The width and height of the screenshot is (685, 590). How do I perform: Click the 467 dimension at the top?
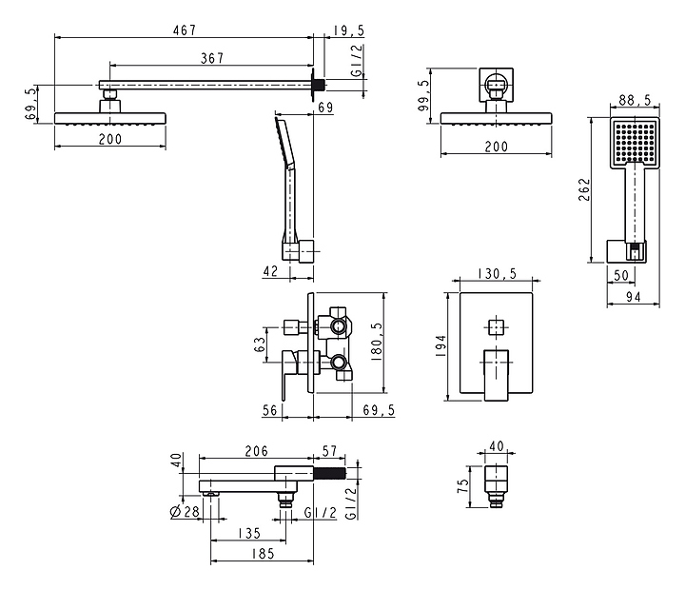pos(184,30)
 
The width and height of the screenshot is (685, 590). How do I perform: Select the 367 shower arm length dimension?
pos(211,58)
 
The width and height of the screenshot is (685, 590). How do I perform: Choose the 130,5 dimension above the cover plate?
pos(499,273)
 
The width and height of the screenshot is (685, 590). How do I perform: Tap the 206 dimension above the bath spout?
pos(256,451)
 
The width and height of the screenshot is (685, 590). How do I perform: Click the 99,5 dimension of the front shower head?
pos(422,97)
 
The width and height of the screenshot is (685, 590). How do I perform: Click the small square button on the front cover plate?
pos(495,327)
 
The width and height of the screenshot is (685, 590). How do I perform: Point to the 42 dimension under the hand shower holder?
pos(271,271)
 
